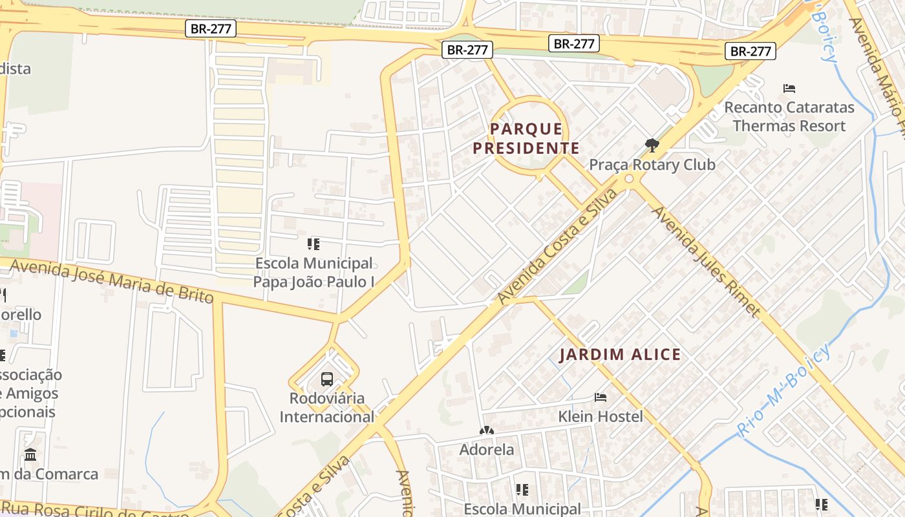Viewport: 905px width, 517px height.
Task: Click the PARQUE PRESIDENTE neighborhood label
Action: [526, 138]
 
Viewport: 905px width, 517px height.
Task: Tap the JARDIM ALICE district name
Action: [620, 354]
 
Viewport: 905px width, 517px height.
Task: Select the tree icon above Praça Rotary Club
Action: [652, 145]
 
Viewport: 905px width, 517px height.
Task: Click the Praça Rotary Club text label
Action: [652, 165]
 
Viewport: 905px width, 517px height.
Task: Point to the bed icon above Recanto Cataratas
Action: [789, 89]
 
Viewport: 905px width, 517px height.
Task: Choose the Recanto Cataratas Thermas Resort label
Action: [789, 116]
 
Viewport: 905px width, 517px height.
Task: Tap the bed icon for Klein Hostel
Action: [601, 397]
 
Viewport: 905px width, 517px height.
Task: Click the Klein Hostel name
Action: [601, 416]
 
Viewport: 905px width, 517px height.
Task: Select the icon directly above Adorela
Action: [487, 430]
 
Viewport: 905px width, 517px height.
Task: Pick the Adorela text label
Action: [487, 449]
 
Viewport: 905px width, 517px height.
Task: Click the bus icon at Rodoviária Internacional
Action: [327, 379]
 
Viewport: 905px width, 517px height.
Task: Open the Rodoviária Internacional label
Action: [326, 407]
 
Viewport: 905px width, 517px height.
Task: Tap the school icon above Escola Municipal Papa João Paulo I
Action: [314, 244]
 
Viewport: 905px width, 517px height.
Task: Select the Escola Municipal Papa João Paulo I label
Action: [314, 272]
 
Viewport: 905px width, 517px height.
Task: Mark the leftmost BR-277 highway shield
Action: [211, 28]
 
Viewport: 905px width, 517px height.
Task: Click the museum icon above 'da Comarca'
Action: [30, 454]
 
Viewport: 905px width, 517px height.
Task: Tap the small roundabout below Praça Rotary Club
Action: [629, 179]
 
